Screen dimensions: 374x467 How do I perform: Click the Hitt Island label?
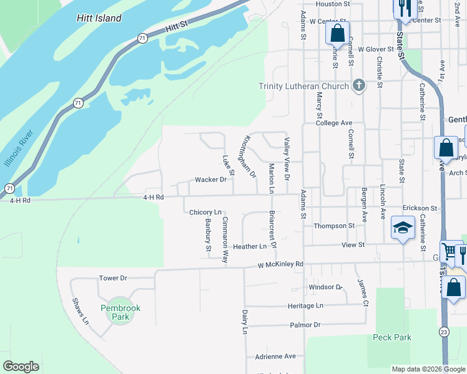(x=100, y=18)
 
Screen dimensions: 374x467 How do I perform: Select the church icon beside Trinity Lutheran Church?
(x=358, y=85)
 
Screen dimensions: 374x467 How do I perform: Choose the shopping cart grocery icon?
(x=449, y=252)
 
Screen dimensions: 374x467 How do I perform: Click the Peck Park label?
(x=391, y=337)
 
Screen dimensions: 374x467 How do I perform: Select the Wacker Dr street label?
(x=210, y=180)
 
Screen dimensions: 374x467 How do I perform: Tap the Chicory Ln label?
(x=205, y=212)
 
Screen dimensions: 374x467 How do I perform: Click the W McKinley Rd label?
(x=280, y=264)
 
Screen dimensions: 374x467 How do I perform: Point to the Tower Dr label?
(x=113, y=277)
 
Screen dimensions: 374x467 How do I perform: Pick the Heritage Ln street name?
(x=305, y=305)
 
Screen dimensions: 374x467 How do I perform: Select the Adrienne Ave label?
(x=275, y=357)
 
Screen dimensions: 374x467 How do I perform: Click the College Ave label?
(x=334, y=123)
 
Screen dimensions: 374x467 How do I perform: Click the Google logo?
(x=21, y=367)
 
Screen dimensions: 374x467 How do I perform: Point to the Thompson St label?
(x=334, y=226)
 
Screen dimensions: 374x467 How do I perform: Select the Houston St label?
(x=333, y=4)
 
